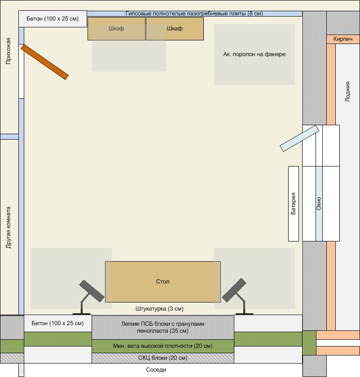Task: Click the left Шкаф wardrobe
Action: tap(116, 29)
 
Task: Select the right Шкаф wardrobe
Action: tap(175, 29)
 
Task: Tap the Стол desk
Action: tap(163, 282)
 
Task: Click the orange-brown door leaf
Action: tap(45, 62)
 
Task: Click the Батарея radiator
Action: tap(294, 204)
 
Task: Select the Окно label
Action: tap(319, 203)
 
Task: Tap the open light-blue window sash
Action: tap(299, 138)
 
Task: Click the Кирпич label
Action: tap(342, 39)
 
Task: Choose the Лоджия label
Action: tap(347, 92)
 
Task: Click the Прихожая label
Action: tap(9, 51)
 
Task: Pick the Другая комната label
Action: tap(9, 228)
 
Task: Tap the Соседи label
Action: tap(156, 370)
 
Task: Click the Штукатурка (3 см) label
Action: tap(159, 309)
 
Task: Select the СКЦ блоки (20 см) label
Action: tap(163, 358)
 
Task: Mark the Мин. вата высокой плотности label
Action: tap(163, 346)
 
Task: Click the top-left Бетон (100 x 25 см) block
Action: tap(53, 19)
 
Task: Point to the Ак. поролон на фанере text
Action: tap(255, 54)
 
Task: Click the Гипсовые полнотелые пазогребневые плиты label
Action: tap(194, 13)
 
